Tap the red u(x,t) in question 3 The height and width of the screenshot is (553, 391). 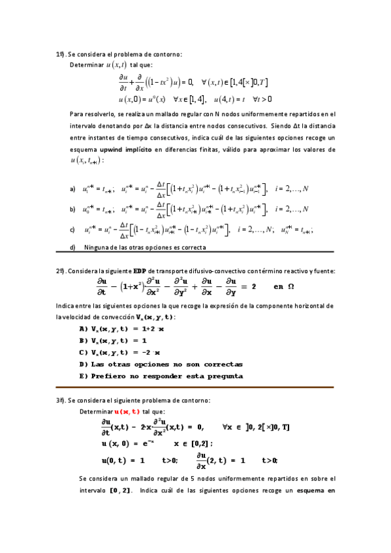[x=127, y=412]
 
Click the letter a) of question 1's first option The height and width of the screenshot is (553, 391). [x=72, y=189]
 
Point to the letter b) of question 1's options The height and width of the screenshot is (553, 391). [x=72, y=209]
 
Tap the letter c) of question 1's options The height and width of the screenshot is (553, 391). [x=72, y=229]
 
